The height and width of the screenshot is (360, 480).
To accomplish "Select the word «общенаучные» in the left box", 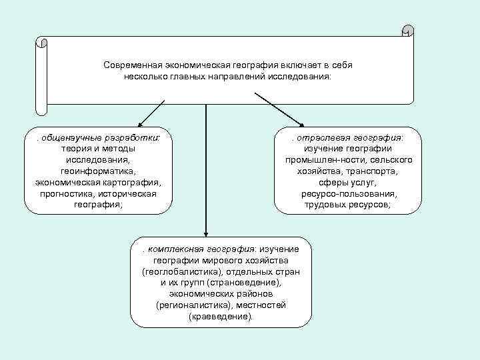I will click(x=69, y=137).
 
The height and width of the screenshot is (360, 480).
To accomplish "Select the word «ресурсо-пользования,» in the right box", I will click(x=349, y=193).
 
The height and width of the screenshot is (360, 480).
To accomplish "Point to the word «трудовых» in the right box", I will click(x=323, y=205).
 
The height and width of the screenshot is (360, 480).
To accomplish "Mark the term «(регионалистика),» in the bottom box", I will click(x=191, y=305).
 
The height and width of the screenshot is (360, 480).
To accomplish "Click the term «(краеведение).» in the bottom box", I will click(x=221, y=317).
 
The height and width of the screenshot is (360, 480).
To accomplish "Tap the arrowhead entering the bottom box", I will click(x=205, y=230).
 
